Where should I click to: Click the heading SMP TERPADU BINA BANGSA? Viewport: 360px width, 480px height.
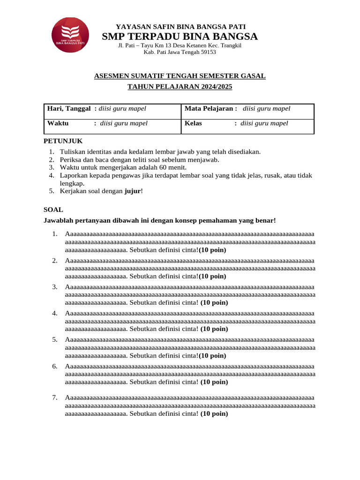[x=180, y=37]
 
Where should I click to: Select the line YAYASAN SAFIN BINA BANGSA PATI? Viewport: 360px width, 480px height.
[x=180, y=27]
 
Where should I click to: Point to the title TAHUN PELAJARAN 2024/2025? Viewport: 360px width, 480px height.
[x=180, y=87]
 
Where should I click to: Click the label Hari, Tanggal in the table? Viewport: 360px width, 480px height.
[x=69, y=109]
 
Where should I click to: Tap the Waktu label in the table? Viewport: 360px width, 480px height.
[x=58, y=124]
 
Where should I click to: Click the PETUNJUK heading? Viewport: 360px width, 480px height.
[x=63, y=141]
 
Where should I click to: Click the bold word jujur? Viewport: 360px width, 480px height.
[x=132, y=191]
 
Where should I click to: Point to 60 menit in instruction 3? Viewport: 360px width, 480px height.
[x=175, y=167]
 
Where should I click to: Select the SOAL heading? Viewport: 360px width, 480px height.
[x=53, y=210]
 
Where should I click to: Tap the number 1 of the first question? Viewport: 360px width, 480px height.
[x=54, y=234]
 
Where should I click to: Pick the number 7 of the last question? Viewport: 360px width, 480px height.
[x=54, y=398]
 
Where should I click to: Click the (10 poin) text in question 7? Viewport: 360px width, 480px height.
[x=214, y=414]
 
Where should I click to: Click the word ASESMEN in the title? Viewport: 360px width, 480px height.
[x=111, y=75]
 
